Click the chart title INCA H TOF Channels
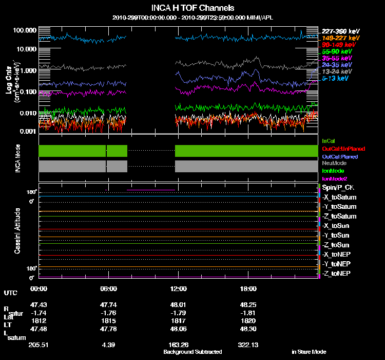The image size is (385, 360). (x=192, y=8)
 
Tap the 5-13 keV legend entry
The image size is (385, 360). (x=335, y=78)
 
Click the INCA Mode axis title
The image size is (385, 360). (x=17, y=158)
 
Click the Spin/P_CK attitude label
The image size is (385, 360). (x=338, y=188)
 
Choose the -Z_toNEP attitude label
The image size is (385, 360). (x=337, y=273)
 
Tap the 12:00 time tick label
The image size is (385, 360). (x=178, y=289)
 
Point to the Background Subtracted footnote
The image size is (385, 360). (x=192, y=352)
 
